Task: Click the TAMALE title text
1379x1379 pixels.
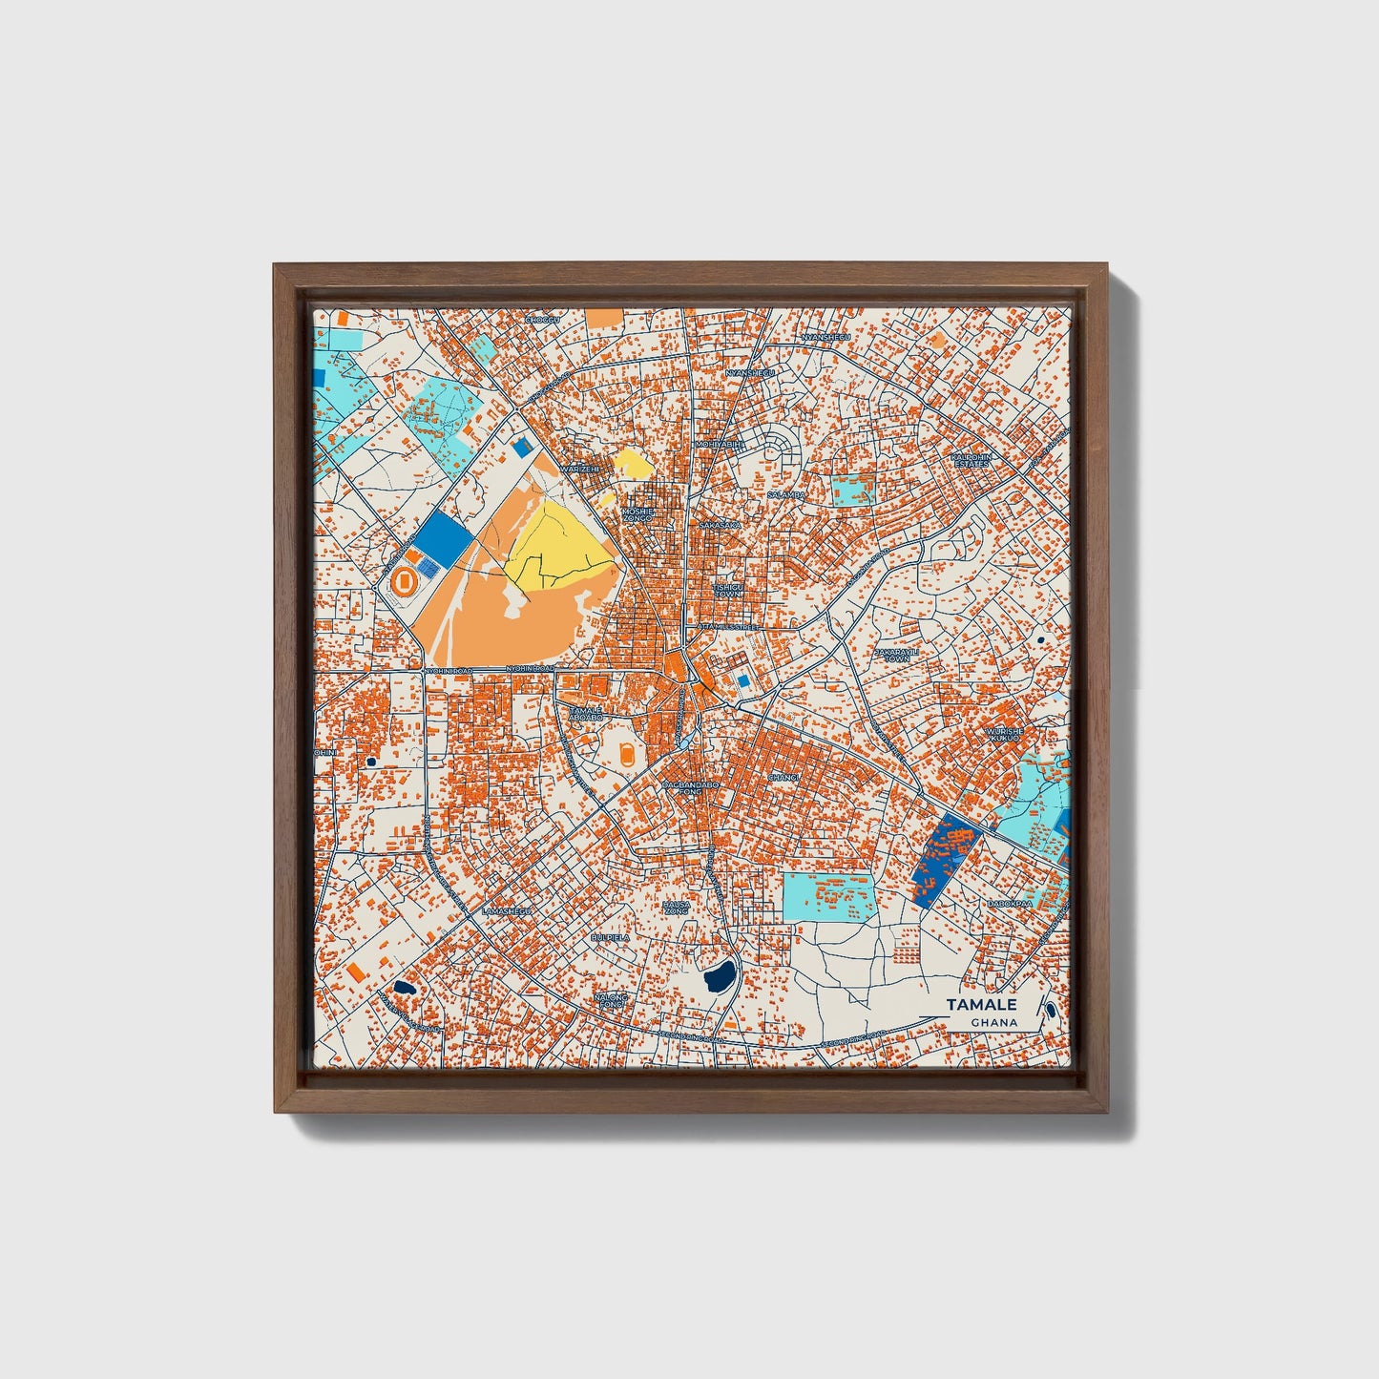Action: point(981,1005)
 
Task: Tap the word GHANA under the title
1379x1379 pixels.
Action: point(993,1022)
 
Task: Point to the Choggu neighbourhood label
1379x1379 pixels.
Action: point(541,321)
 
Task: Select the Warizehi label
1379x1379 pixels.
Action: point(581,470)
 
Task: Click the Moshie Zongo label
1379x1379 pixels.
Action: point(637,514)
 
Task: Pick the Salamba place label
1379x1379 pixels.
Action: point(786,495)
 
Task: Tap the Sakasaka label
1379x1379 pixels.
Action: point(720,525)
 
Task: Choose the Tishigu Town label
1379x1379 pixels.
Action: point(727,591)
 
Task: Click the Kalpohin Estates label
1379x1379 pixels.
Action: point(972,460)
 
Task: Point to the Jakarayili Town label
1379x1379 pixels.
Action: point(896,655)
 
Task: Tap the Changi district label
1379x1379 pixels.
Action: point(782,777)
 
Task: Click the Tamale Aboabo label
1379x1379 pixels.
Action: point(585,714)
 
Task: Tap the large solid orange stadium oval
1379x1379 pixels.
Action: point(405,580)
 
